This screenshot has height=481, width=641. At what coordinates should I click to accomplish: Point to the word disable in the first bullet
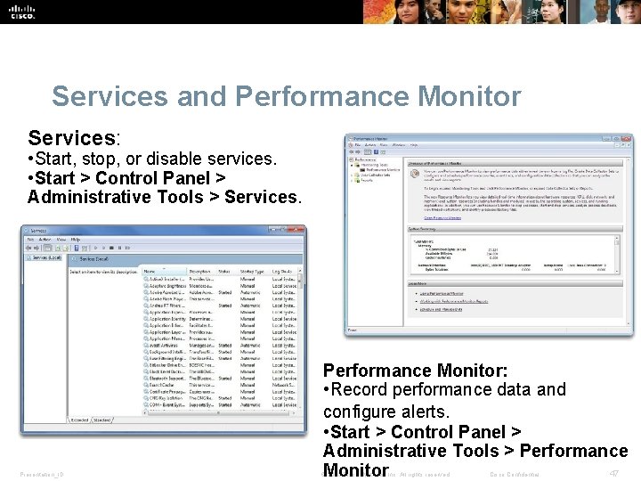183,159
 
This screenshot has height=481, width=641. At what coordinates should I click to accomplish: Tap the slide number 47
613,473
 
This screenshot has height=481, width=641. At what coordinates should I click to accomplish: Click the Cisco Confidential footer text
515,474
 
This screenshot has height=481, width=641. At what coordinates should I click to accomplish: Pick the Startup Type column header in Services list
252,271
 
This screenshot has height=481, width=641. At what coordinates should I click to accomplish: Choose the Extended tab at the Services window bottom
79,419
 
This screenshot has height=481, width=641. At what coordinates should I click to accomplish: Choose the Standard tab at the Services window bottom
102,419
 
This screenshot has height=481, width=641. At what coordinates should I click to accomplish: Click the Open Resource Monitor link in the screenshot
442,217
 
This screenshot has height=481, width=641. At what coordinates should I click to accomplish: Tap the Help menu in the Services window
76,240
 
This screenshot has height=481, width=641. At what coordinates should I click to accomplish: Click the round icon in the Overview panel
415,173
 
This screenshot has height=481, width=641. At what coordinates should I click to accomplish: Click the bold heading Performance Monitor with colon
415,370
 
